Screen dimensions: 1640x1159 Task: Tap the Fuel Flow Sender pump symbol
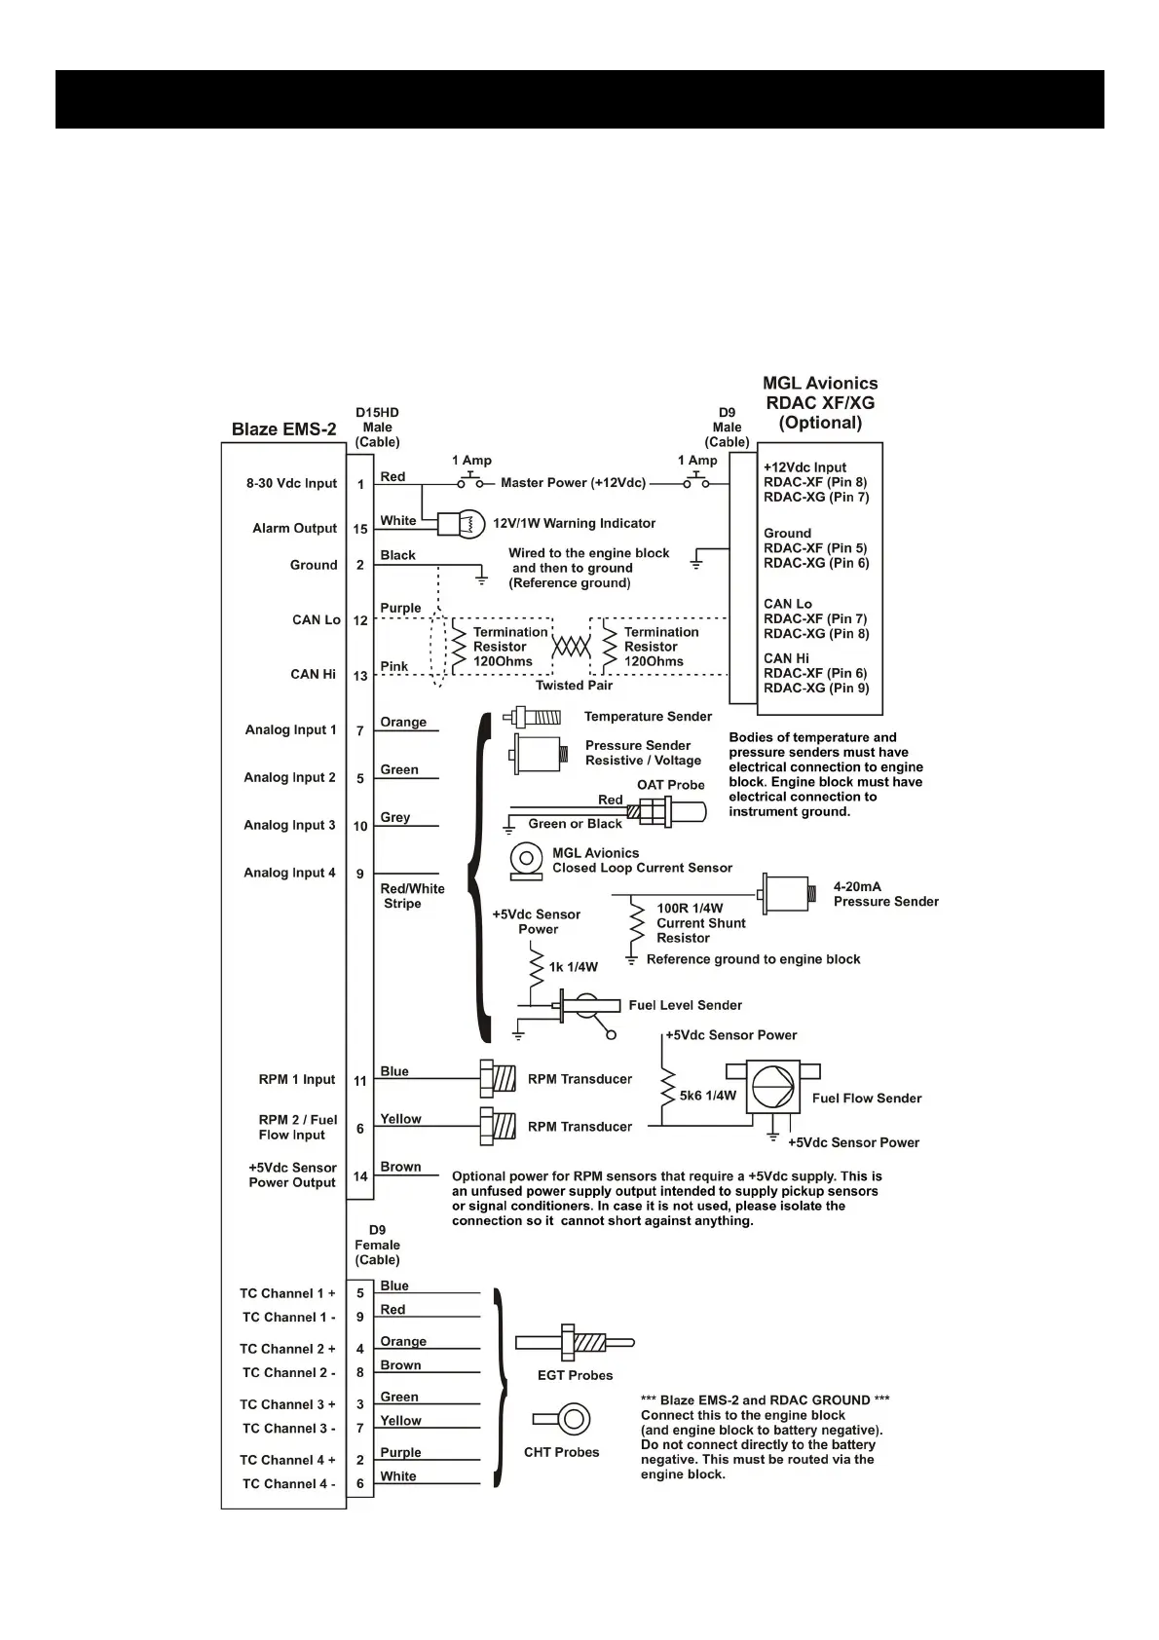[x=772, y=1087]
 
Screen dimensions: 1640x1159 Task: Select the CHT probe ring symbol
[x=573, y=1418]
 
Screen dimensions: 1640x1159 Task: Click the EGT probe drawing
[x=575, y=1343]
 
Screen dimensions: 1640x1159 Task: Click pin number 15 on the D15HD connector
[x=360, y=529]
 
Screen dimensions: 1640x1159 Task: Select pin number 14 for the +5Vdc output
[x=360, y=1176]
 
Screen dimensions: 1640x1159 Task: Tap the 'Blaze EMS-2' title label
[x=283, y=429]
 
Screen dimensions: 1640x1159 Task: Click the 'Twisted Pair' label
[x=574, y=686]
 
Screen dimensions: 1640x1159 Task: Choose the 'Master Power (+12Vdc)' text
[x=573, y=483]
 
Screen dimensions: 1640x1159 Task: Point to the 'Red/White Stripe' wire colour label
[x=412, y=896]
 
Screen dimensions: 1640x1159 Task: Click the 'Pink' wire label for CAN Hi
[x=394, y=667]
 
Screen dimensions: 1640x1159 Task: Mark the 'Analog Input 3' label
[x=289, y=825]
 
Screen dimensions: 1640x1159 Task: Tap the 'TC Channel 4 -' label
[x=288, y=1484]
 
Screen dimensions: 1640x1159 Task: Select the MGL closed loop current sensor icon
[x=526, y=860]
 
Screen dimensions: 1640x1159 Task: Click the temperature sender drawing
[x=532, y=718]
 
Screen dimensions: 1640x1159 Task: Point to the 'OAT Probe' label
[x=670, y=785]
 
